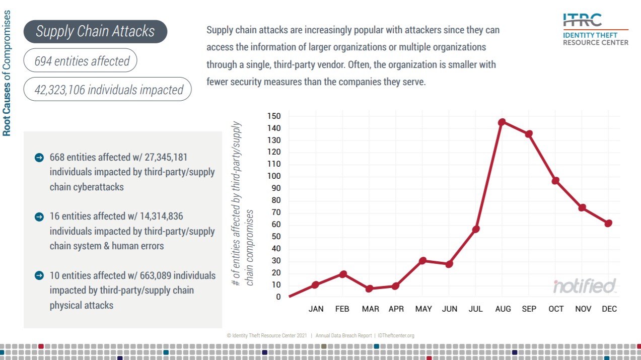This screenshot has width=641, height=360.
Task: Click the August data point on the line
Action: (502, 122)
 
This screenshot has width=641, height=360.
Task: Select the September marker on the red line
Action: (529, 134)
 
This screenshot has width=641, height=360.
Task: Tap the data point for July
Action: (476, 229)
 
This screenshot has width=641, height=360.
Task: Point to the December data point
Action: (608, 223)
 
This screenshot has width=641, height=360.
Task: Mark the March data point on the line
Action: (369, 289)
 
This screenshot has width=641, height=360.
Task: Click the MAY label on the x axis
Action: (423, 309)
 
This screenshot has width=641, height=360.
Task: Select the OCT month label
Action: (556, 309)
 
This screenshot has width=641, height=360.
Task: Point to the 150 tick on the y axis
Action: (274, 116)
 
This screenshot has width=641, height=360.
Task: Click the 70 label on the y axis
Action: (276, 212)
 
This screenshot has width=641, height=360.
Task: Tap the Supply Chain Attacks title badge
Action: (95, 31)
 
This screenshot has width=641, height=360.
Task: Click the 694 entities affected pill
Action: (82, 61)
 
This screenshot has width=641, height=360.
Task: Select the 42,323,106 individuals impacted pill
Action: (108, 90)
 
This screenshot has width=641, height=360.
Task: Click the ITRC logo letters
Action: (582, 21)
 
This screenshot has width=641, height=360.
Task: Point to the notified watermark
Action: (585, 286)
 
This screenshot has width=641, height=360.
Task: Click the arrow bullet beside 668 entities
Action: (39, 158)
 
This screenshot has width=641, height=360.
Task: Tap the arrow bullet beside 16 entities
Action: (39, 217)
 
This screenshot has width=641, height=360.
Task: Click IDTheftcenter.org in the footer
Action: (395, 335)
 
